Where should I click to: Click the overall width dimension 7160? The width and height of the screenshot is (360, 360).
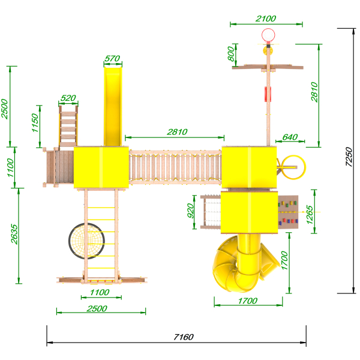point(184,337)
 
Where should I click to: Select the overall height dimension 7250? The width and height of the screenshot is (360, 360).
point(349,157)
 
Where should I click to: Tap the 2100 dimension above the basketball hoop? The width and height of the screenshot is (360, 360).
point(266,19)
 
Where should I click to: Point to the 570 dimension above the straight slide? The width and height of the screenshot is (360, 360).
point(112,58)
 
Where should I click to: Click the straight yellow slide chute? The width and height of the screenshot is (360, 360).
point(113,106)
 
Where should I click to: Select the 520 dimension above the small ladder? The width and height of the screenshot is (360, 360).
point(68,98)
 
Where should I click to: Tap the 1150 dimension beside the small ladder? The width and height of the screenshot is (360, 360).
point(35,122)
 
